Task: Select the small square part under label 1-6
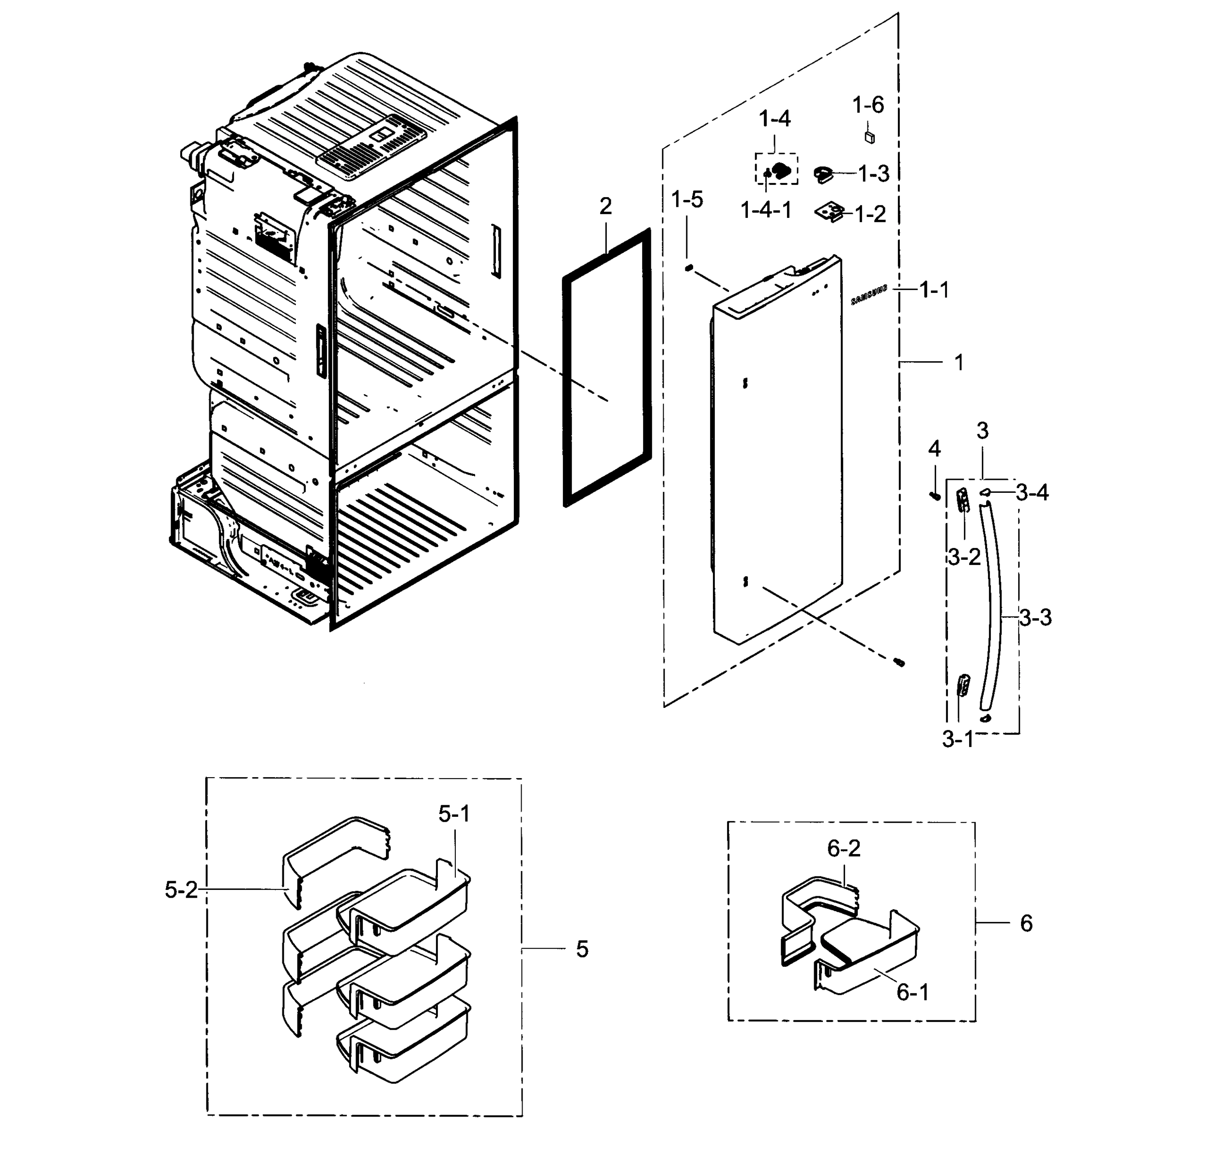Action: click(x=869, y=137)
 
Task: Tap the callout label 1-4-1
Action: click(x=766, y=211)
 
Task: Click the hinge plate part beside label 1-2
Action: click(x=831, y=213)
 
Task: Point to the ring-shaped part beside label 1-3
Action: click(x=823, y=174)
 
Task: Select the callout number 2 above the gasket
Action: click(x=605, y=206)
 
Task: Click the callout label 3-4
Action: click(x=1032, y=492)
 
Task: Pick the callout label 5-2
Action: click(x=181, y=889)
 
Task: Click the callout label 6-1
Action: click(x=912, y=992)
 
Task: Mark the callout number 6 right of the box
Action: click(x=1026, y=923)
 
